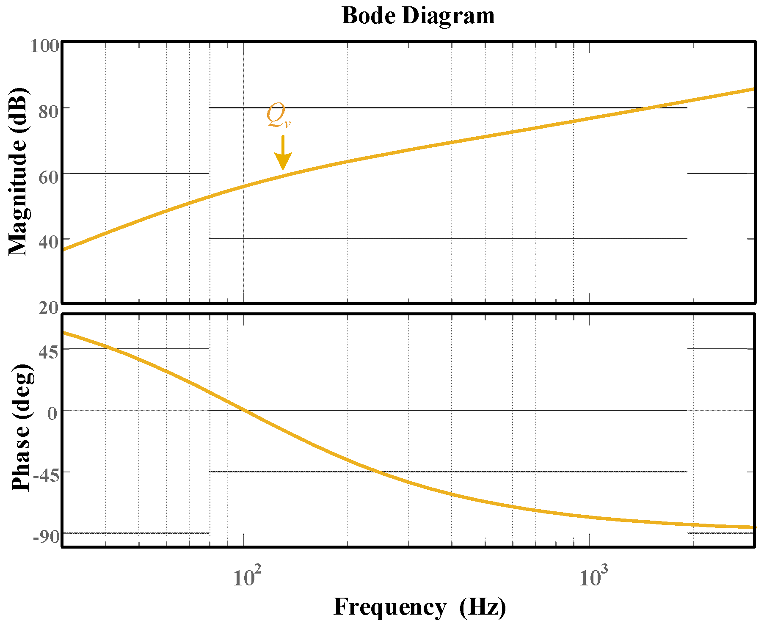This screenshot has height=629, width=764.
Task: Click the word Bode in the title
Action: point(369,16)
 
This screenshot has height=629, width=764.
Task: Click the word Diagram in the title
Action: point(448,16)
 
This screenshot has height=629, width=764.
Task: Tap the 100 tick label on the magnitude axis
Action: point(44,46)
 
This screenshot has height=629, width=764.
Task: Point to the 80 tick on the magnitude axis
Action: point(48,112)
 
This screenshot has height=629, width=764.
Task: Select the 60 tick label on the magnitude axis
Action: point(48,177)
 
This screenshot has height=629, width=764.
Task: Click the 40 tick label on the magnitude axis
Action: point(48,243)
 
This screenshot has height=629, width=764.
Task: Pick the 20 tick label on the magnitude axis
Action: point(48,308)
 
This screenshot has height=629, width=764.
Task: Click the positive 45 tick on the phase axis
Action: point(48,352)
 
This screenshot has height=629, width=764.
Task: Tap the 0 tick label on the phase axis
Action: point(52,413)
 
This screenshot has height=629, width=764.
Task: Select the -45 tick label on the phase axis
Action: point(45,475)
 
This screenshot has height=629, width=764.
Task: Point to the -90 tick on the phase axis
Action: point(45,537)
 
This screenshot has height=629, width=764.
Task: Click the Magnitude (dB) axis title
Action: point(18,172)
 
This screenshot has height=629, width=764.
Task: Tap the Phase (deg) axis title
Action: point(21,428)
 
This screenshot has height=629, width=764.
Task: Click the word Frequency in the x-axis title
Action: point(390,607)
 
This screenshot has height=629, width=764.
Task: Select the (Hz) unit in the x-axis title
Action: point(483,607)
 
